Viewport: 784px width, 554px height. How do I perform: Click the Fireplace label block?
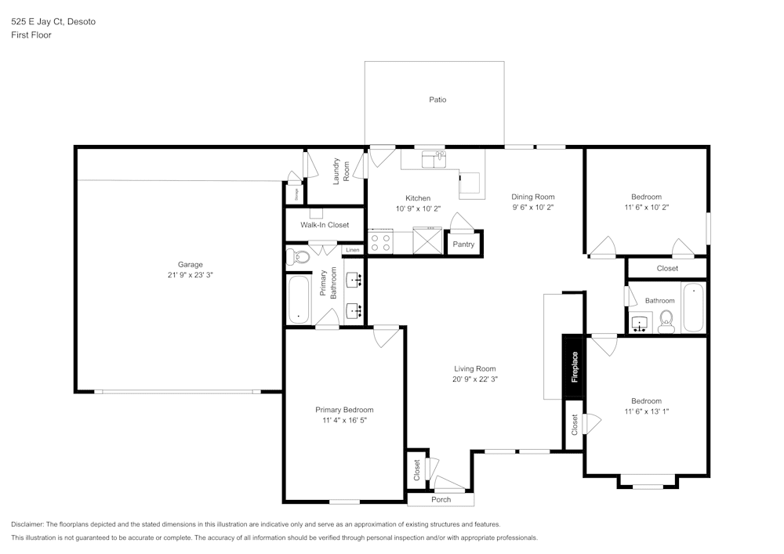pos(574,367)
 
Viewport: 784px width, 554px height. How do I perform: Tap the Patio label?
pos(437,100)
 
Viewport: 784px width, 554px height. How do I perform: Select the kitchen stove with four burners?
pos(380,241)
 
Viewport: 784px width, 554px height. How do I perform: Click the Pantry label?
pos(463,244)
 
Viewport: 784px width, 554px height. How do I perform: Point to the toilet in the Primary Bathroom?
pos(299,256)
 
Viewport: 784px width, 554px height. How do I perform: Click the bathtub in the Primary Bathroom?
pos(299,299)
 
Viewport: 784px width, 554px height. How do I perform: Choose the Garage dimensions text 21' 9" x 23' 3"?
pos(190,275)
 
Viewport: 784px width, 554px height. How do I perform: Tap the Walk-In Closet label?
pos(325,225)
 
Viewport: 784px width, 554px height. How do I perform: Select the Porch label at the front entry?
pos(441,500)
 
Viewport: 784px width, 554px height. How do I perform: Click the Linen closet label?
pos(353,250)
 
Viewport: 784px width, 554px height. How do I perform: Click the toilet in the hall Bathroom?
pos(666,320)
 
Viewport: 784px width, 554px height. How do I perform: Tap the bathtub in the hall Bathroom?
pos(693,307)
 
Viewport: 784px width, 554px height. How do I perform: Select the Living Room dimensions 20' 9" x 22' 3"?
pos(475,379)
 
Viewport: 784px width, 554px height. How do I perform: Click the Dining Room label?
pos(533,197)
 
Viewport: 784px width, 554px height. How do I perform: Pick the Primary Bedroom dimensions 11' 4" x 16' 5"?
pos(344,420)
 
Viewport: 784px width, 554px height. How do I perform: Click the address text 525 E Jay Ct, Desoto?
pos(54,23)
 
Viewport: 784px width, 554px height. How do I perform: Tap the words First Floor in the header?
pos(31,35)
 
